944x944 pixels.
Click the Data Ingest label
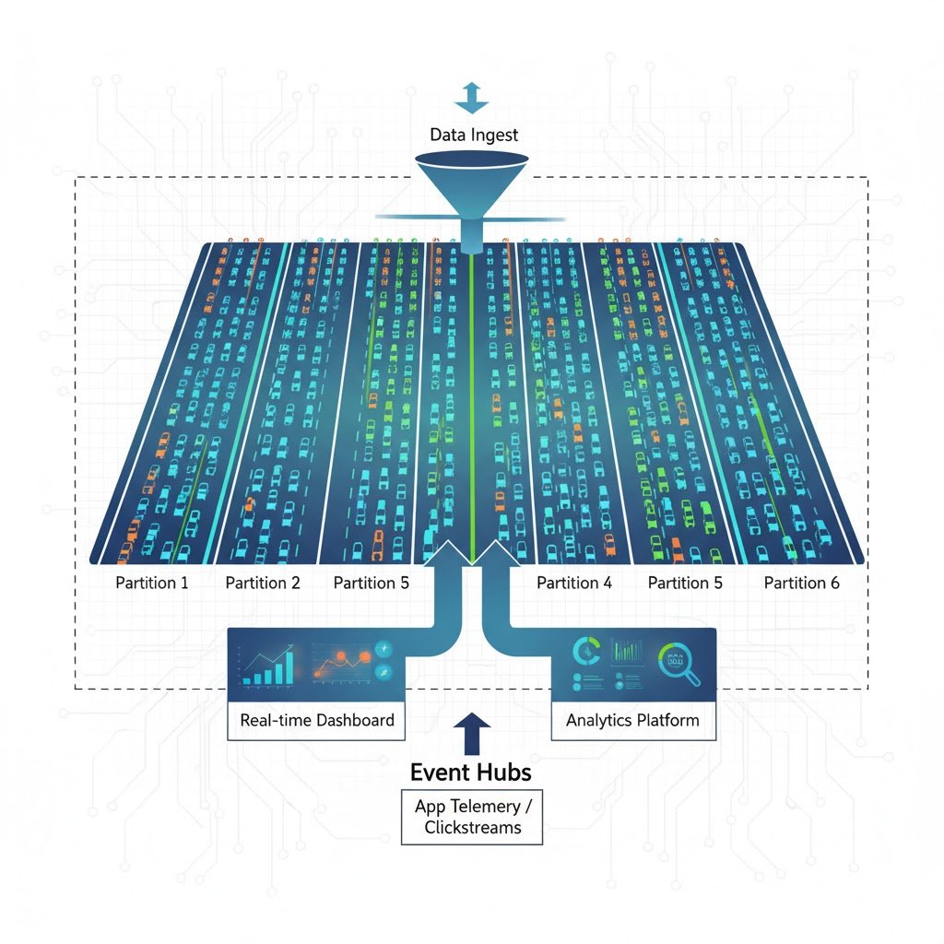(474, 135)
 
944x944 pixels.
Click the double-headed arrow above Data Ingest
(471, 96)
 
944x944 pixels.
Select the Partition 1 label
(152, 583)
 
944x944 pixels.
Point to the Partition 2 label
(263, 583)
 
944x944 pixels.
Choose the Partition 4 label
(573, 583)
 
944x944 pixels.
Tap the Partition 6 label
(802, 583)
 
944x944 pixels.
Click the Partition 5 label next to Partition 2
(372, 583)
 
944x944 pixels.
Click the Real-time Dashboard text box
(316, 720)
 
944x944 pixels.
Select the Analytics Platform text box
(632, 720)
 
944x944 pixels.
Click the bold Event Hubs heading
(471, 772)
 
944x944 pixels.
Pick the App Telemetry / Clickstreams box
(471, 816)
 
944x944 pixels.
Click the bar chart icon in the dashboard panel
(269, 666)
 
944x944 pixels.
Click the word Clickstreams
(472, 827)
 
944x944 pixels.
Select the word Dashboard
(354, 720)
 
